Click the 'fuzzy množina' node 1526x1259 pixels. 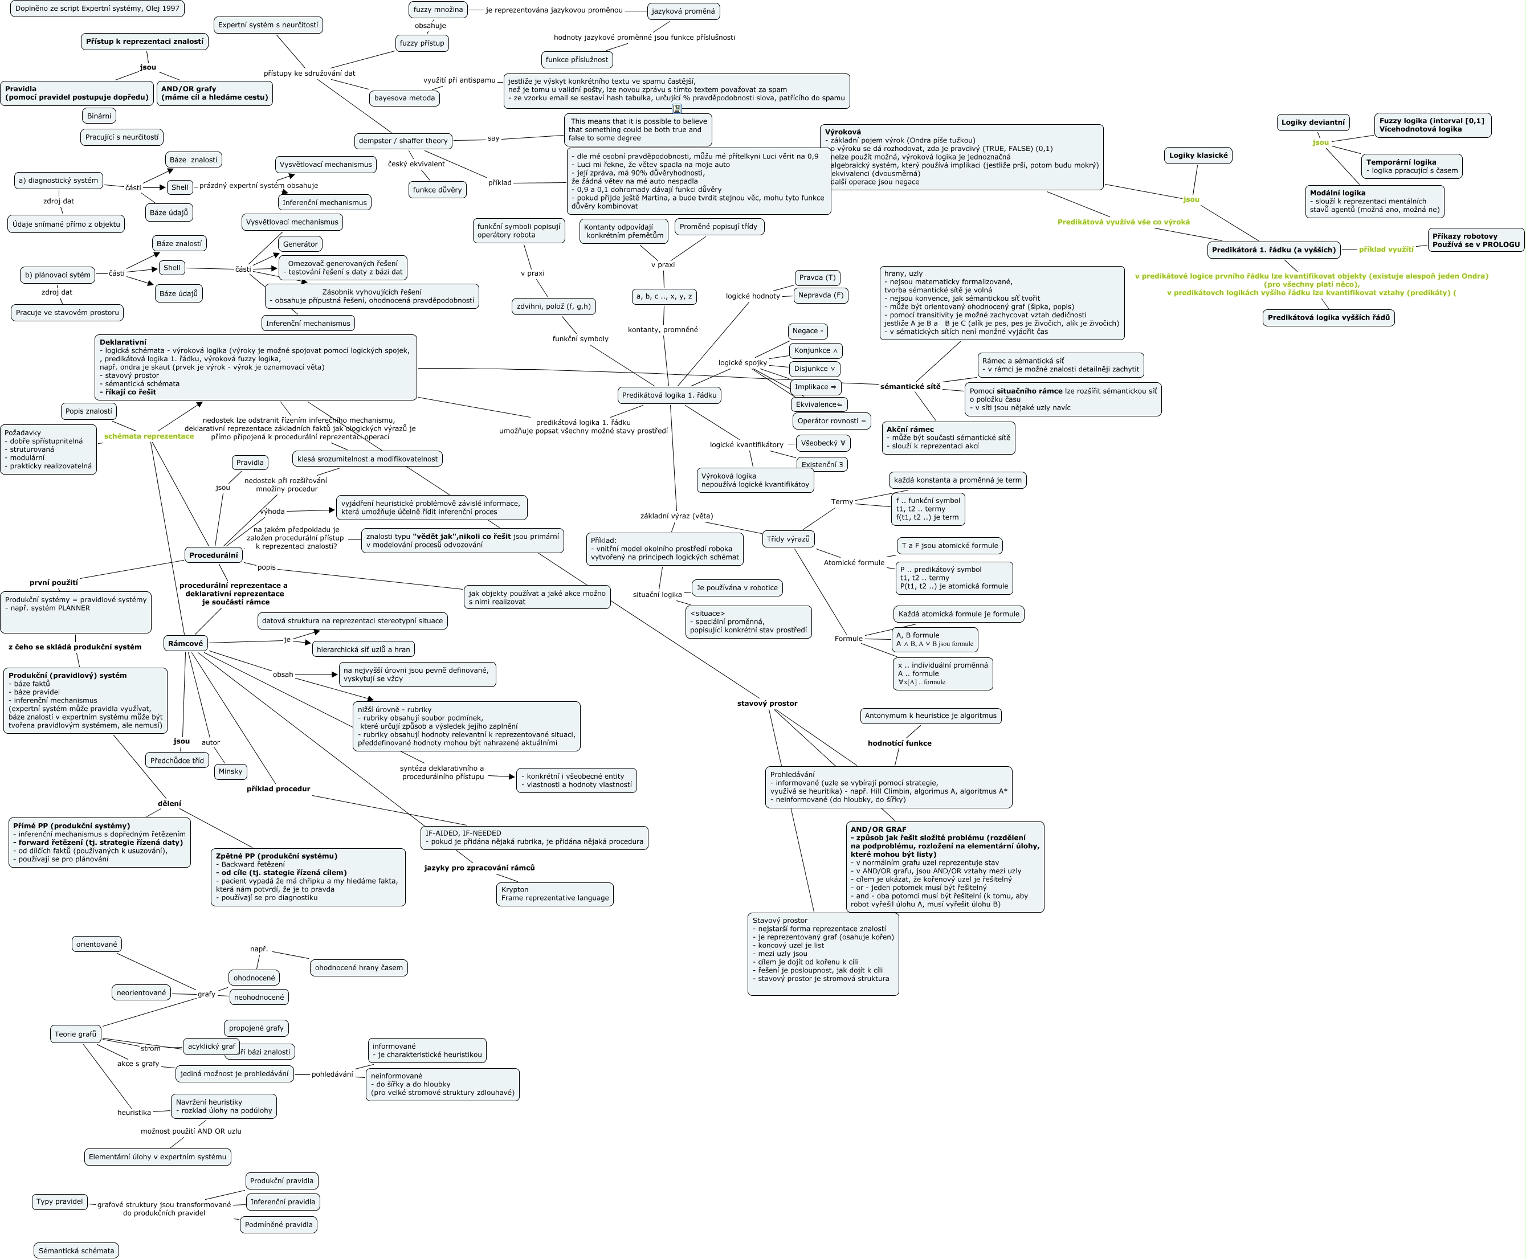(x=438, y=10)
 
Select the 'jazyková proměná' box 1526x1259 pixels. (x=683, y=11)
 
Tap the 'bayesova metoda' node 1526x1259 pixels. (x=404, y=98)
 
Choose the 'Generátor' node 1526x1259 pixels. (x=300, y=244)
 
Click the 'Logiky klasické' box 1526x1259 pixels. (x=1198, y=155)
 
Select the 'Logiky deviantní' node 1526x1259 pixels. (x=1313, y=122)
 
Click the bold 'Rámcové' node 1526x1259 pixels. (x=186, y=643)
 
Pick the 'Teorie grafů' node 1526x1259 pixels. (x=75, y=1034)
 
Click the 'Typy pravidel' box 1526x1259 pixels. (x=59, y=1201)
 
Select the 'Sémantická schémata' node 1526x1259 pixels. (x=76, y=1251)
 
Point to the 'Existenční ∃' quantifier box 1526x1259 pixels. (x=822, y=464)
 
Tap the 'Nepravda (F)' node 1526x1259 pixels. (x=821, y=295)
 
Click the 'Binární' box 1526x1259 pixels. (x=99, y=116)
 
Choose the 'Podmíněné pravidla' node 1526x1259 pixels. (x=279, y=1225)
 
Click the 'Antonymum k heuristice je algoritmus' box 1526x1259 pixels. (x=931, y=716)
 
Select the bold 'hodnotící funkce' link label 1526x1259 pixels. (x=899, y=743)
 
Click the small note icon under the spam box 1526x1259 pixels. (x=677, y=109)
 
